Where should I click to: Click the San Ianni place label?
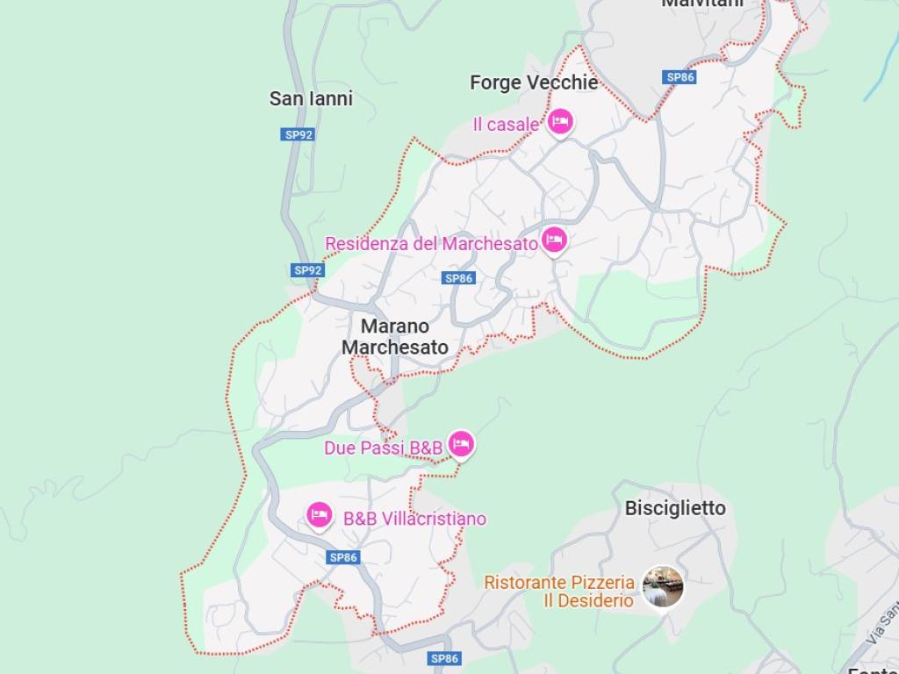coord(311,98)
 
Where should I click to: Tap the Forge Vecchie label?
coord(533,82)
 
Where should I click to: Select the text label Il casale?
coord(505,125)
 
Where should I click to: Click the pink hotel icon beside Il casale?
coord(560,122)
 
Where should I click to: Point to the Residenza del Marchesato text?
coord(431,243)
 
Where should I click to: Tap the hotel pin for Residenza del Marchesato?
coord(554,239)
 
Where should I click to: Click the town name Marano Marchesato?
coord(394,336)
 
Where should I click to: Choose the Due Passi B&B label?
coord(383,448)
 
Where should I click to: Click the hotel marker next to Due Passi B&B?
coord(461,444)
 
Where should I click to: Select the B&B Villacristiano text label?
coord(414,519)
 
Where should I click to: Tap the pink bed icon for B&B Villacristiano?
coord(320,514)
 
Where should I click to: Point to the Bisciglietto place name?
coord(675,508)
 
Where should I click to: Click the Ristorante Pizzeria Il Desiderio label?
coord(559,591)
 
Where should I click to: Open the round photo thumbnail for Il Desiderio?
coord(662,586)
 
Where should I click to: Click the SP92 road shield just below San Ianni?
coord(298,134)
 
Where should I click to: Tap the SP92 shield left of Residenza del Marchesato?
coord(308,270)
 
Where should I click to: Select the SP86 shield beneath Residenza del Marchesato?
coord(459,278)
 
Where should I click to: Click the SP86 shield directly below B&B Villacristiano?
coord(343,556)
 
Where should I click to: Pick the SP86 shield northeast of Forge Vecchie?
coord(680,77)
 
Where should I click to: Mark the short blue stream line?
coord(880,80)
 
